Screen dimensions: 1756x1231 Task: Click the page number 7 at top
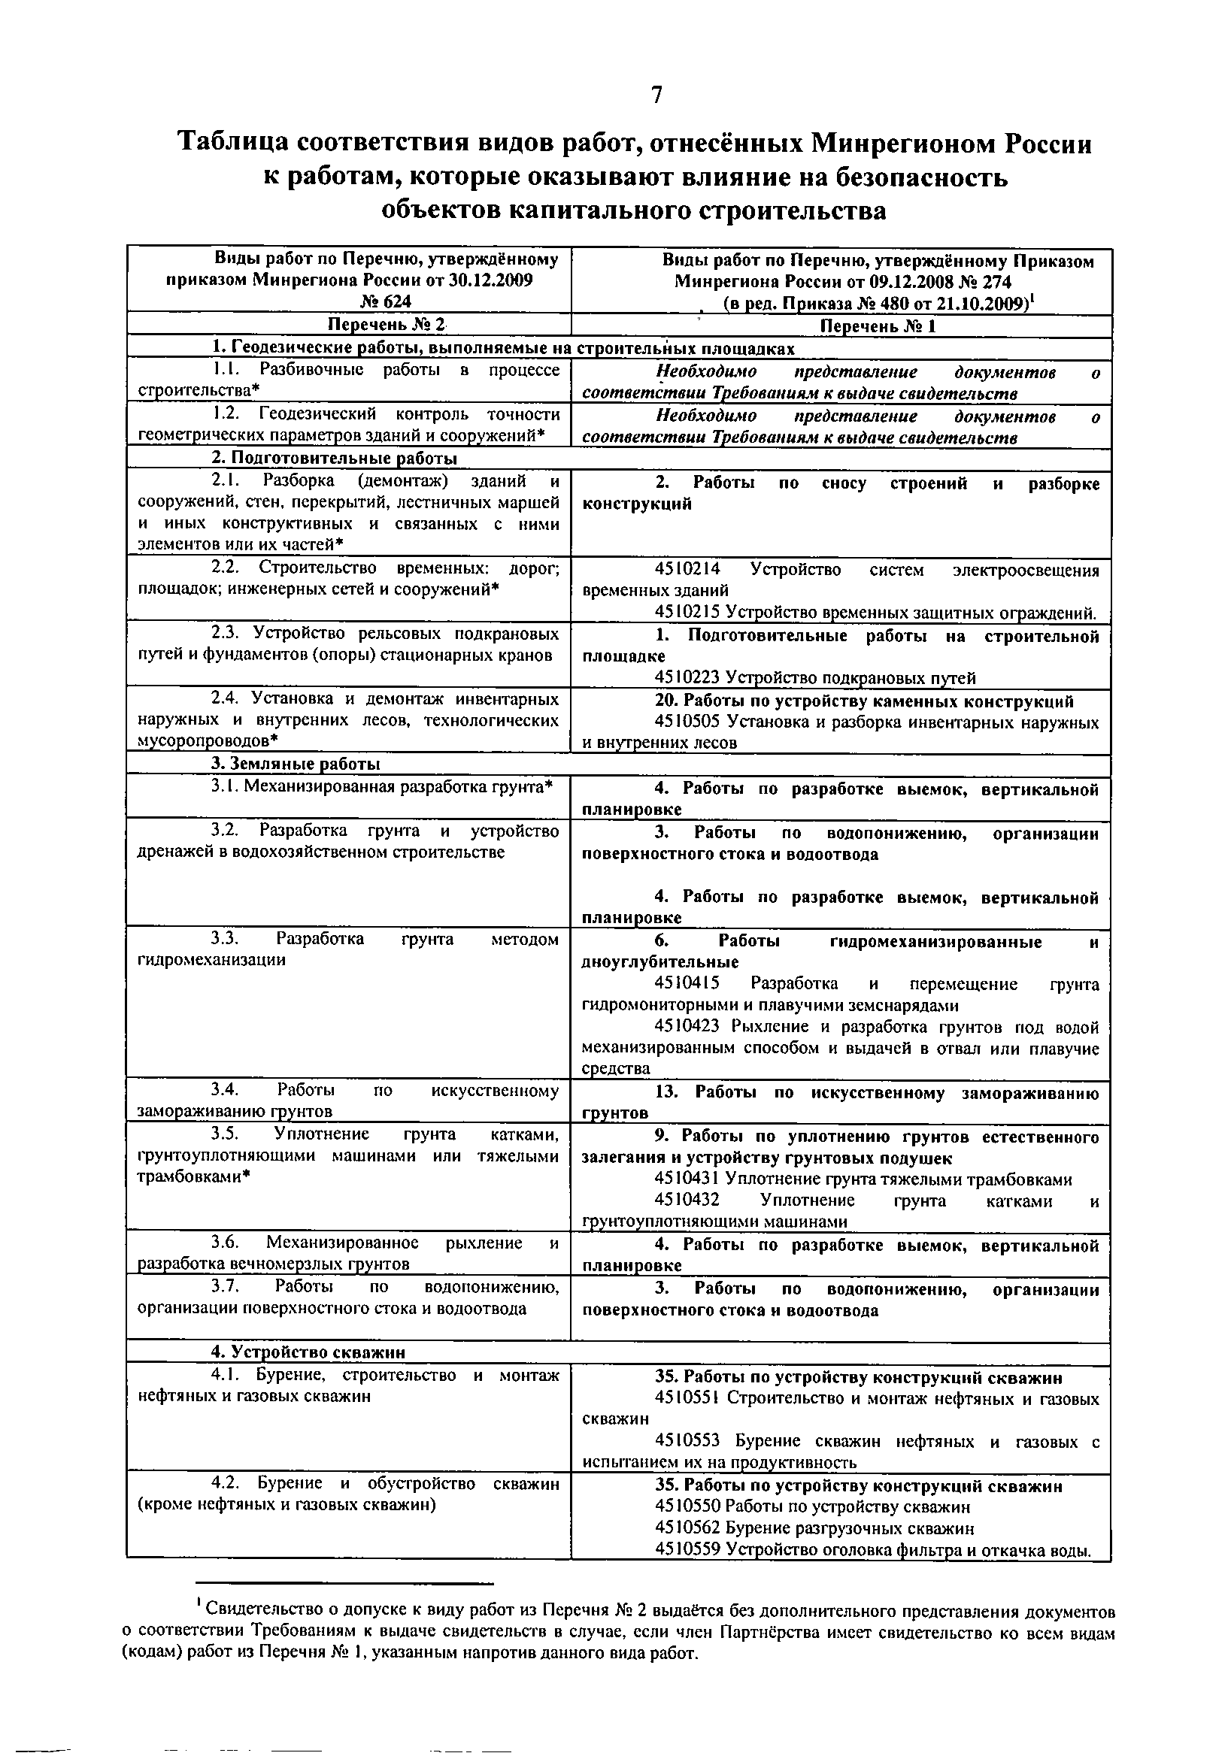click(x=656, y=95)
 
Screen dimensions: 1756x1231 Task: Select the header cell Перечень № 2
click(x=386, y=325)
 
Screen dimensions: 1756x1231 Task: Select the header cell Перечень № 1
click(x=878, y=326)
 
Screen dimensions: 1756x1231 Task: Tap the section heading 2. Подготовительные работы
click(x=334, y=458)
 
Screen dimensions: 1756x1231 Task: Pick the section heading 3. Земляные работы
click(x=296, y=764)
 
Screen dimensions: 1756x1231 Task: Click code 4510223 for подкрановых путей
click(x=687, y=677)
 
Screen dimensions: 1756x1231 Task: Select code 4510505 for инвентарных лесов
click(x=687, y=722)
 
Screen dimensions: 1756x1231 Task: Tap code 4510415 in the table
click(x=687, y=983)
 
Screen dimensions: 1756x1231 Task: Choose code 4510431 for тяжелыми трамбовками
click(x=687, y=1179)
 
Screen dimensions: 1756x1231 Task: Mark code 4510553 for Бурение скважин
click(x=687, y=1441)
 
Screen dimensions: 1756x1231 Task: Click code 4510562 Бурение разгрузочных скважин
click(x=687, y=1528)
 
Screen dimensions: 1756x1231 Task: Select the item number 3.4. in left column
click(x=226, y=1090)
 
